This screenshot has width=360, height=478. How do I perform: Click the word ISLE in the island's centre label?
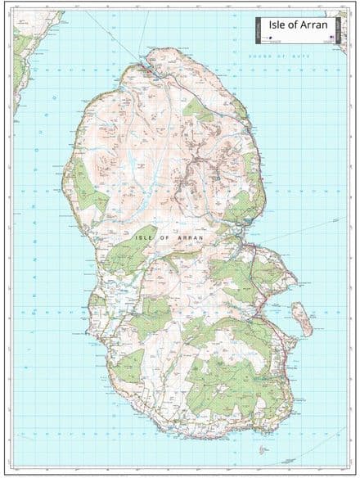pyautogui.click(x=142, y=237)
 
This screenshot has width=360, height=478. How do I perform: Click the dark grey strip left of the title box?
pyautogui.click(x=259, y=29)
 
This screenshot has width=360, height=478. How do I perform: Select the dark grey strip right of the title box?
pyautogui.click(x=343, y=29)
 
